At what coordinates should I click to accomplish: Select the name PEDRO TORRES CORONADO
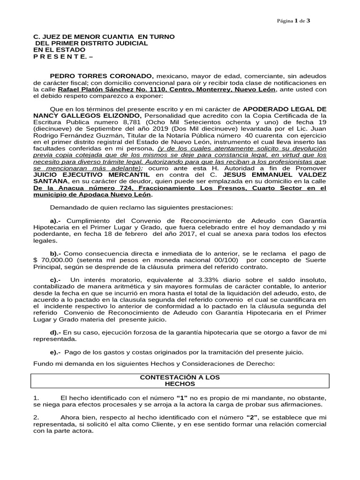(101, 76)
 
